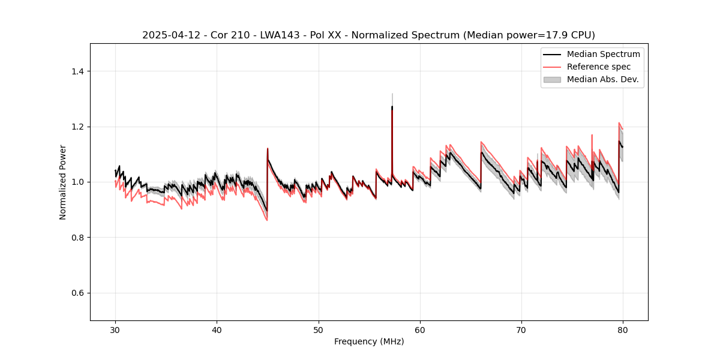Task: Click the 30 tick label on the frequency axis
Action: tap(115, 329)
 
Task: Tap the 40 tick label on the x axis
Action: tap(217, 329)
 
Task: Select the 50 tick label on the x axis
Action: tap(319, 329)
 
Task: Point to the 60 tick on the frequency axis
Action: tap(420, 329)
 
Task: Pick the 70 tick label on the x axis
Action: tap(521, 329)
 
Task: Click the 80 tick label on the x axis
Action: tap(623, 329)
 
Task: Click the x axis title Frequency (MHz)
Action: tap(369, 341)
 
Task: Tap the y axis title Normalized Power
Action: tap(63, 182)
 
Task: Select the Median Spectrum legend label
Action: tap(603, 54)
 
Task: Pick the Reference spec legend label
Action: tap(599, 67)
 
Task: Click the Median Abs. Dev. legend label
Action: tap(602, 79)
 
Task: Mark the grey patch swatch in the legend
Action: tap(552, 79)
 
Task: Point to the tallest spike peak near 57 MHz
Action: tap(392, 107)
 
